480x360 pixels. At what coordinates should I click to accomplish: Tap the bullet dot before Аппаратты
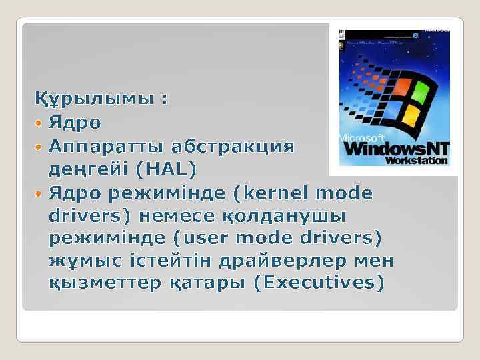coord(39,147)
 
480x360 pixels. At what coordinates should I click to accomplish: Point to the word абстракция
coord(233,146)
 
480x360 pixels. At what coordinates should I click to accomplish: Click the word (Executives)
coord(320,283)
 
